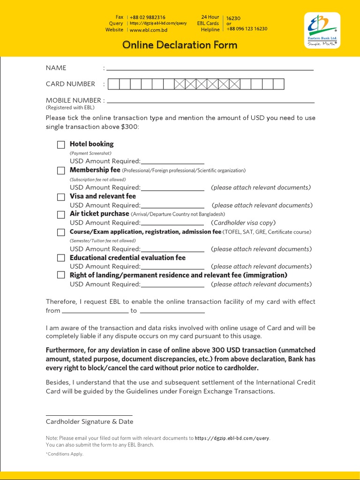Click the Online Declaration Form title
tap(180, 45)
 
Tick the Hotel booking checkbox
tap(61, 145)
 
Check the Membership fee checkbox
tap(61, 171)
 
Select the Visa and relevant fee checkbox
tap(61, 197)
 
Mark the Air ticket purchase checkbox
tap(61, 215)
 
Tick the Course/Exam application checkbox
tap(61, 232)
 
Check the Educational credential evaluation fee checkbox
tap(61, 258)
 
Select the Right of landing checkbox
tap(61, 276)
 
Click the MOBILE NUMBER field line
tap(210, 101)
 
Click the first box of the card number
tap(113, 84)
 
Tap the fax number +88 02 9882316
tap(147, 17)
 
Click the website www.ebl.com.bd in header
tap(148, 30)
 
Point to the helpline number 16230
tap(233, 18)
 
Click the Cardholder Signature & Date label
tap(89, 421)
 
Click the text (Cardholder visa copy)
tap(243, 223)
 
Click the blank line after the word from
tap(95, 311)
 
